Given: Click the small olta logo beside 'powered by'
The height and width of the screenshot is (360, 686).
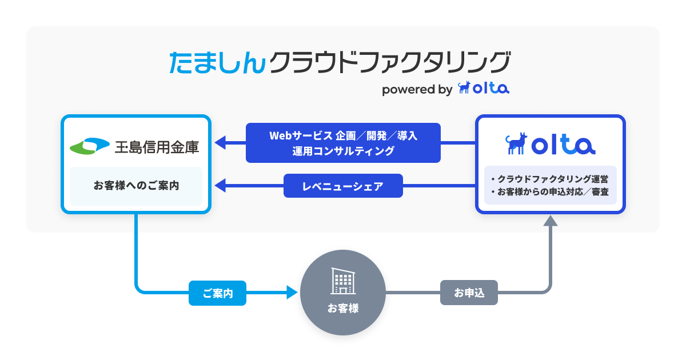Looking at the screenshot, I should pyautogui.click(x=484, y=89).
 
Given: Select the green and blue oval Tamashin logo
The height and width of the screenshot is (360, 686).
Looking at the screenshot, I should pyautogui.click(x=90, y=146).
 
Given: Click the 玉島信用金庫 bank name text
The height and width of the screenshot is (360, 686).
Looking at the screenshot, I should pyautogui.click(x=157, y=147).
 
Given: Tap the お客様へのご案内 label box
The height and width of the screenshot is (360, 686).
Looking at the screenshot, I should pyautogui.click(x=136, y=186).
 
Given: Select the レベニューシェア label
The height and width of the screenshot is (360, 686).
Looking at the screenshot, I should pyautogui.click(x=343, y=186).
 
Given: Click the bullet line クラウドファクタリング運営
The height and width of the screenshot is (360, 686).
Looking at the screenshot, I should pyautogui.click(x=550, y=179).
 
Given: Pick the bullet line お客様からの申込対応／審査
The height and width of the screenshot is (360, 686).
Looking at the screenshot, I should pyautogui.click(x=550, y=191).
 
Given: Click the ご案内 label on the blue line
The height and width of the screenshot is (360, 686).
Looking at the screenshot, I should pyautogui.click(x=217, y=293).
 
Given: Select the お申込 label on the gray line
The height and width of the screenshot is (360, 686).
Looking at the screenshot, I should pyautogui.click(x=469, y=293).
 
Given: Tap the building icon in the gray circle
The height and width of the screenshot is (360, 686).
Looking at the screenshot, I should pyautogui.click(x=342, y=281).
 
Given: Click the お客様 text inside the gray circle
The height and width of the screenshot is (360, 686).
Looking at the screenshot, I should pyautogui.click(x=343, y=308).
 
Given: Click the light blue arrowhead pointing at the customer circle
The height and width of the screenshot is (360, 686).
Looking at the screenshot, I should pyautogui.click(x=293, y=293).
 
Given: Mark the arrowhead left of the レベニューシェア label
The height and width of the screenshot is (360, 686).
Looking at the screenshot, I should pyautogui.click(x=220, y=185).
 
